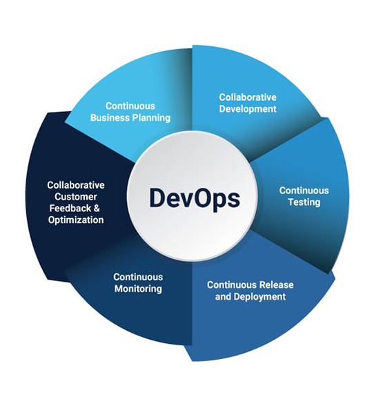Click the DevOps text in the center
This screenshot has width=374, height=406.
click(x=195, y=199)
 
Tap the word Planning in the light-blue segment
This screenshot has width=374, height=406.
click(x=151, y=118)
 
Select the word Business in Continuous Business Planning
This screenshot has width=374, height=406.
click(x=110, y=117)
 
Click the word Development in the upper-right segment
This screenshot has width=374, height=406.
click(x=248, y=109)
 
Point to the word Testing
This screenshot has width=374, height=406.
click(x=304, y=202)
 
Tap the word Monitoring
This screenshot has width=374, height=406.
click(x=138, y=289)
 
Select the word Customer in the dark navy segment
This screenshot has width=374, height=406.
click(x=76, y=197)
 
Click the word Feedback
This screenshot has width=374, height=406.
click(x=66, y=209)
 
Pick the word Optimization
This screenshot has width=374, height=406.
click(x=76, y=220)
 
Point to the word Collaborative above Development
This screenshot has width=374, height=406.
click(x=248, y=97)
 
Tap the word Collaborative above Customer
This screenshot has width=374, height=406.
click(x=76, y=185)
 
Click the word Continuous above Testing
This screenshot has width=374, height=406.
click(x=304, y=191)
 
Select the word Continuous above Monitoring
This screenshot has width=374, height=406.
click(x=138, y=277)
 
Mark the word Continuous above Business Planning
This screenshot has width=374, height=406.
click(x=130, y=106)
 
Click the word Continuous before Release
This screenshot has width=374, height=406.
click(x=232, y=284)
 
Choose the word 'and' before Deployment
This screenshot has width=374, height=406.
click(x=223, y=296)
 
